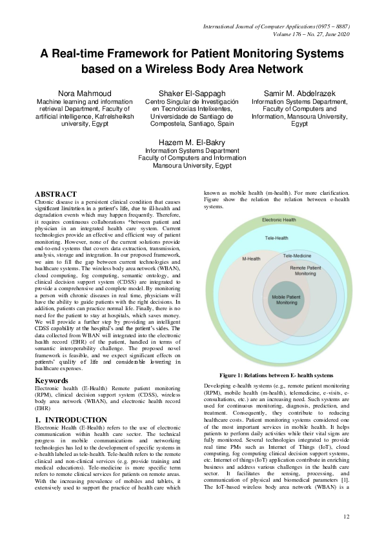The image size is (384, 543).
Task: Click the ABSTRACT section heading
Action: [56, 194]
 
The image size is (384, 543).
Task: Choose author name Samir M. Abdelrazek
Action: [299, 94]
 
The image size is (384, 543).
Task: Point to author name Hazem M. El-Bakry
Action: [192, 140]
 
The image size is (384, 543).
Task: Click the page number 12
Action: [346, 517]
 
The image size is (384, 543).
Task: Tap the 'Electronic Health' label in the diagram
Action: [279, 220]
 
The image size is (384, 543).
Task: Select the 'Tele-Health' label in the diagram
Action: [277, 238]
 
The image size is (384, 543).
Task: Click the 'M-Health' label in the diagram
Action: [251, 259]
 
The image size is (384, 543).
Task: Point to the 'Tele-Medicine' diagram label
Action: [297, 256]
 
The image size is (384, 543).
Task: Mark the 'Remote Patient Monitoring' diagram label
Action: [305, 270]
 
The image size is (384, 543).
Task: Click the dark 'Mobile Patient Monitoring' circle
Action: [285, 299]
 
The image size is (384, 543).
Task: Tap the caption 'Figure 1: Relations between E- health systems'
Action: [276, 375]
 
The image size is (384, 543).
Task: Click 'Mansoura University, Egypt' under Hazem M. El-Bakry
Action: [192, 164]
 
